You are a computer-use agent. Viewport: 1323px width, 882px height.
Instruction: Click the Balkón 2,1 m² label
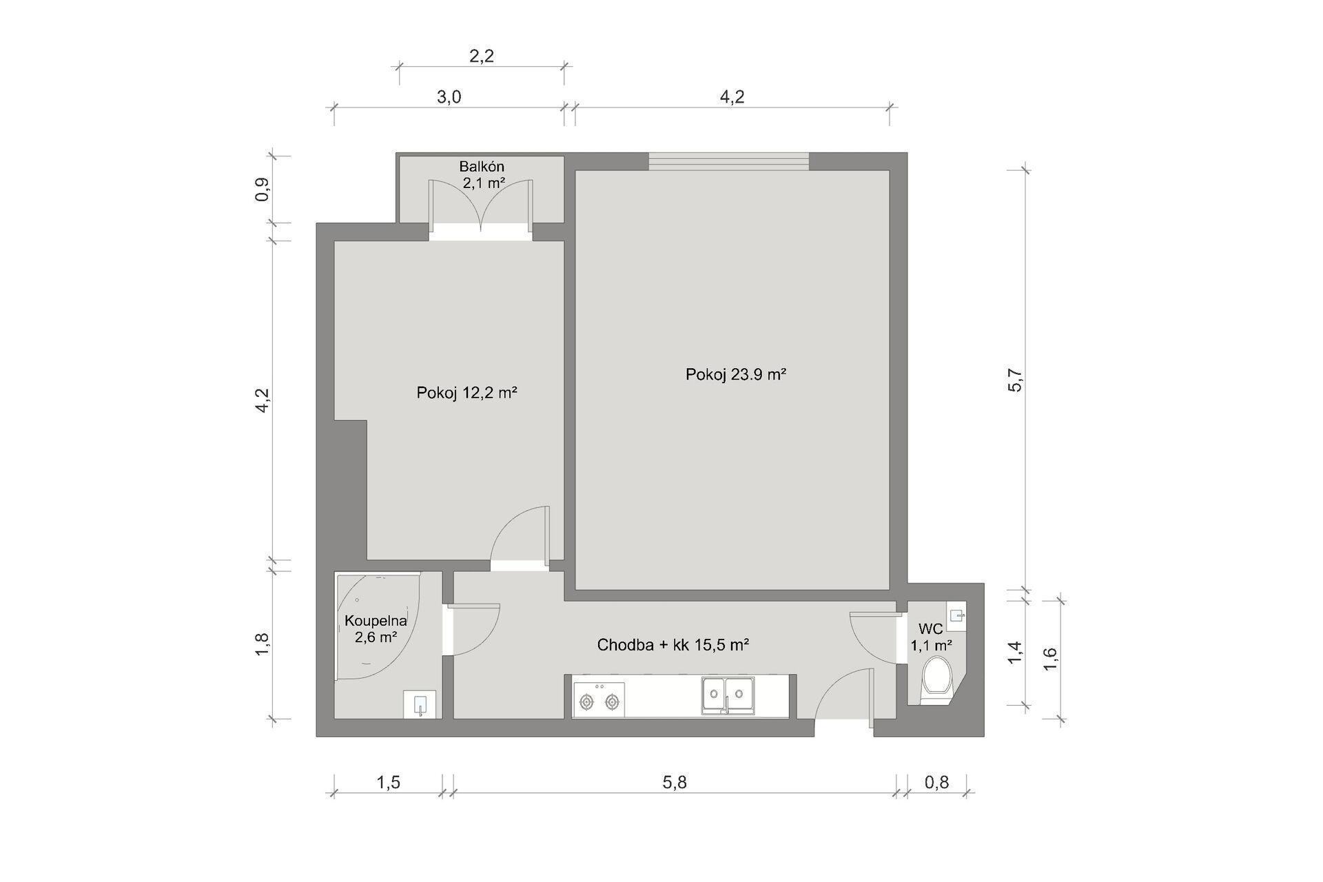[x=482, y=175]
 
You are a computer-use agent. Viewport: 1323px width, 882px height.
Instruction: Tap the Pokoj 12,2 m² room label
[x=466, y=393]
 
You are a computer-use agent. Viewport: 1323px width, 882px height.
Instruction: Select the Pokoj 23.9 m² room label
[x=736, y=374]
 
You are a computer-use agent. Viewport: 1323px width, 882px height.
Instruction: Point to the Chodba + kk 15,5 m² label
[x=673, y=645]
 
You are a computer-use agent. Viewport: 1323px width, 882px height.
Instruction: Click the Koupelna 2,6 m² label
[x=376, y=628]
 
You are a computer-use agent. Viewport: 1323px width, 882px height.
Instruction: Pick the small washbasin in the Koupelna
[x=420, y=705]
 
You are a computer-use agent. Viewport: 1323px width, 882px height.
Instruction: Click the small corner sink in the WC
[x=956, y=615]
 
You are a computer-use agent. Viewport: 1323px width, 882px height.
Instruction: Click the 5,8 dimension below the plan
[x=675, y=782]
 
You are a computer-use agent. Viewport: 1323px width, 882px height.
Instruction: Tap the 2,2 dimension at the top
[x=482, y=56]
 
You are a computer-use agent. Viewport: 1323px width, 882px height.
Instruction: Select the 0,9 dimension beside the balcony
[x=262, y=189]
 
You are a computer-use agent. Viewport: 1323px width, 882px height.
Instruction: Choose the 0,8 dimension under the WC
[x=936, y=782]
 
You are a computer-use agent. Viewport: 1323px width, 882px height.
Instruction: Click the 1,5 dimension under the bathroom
[x=388, y=782]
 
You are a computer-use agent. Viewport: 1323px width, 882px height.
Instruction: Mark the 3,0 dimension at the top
[x=449, y=97]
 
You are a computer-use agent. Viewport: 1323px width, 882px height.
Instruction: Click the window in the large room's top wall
[x=728, y=161]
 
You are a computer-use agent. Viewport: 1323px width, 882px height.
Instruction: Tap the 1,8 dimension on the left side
[x=262, y=644]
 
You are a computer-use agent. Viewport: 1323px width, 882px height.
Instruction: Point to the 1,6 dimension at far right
[x=1050, y=659]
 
